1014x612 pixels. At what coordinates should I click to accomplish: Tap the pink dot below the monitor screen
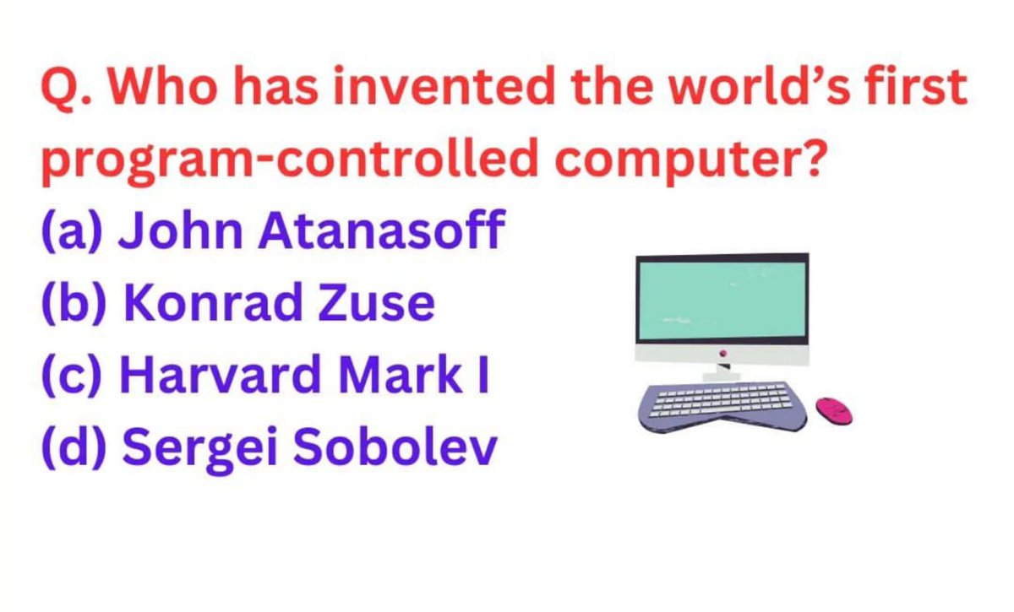722,353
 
